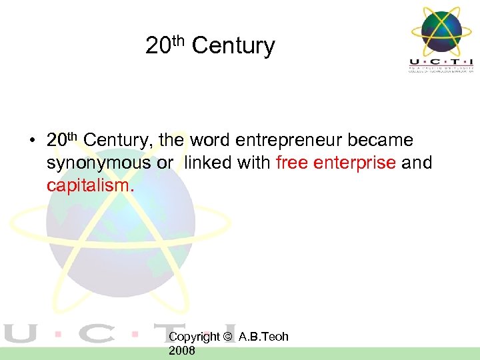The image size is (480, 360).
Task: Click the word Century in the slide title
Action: [233, 46]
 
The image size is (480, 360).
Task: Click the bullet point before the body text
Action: [31, 141]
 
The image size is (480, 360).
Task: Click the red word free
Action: [291, 163]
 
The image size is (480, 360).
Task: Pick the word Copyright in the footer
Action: [194, 337]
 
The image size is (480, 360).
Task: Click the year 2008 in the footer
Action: [182, 351]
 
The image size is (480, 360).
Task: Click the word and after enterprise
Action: [417, 163]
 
